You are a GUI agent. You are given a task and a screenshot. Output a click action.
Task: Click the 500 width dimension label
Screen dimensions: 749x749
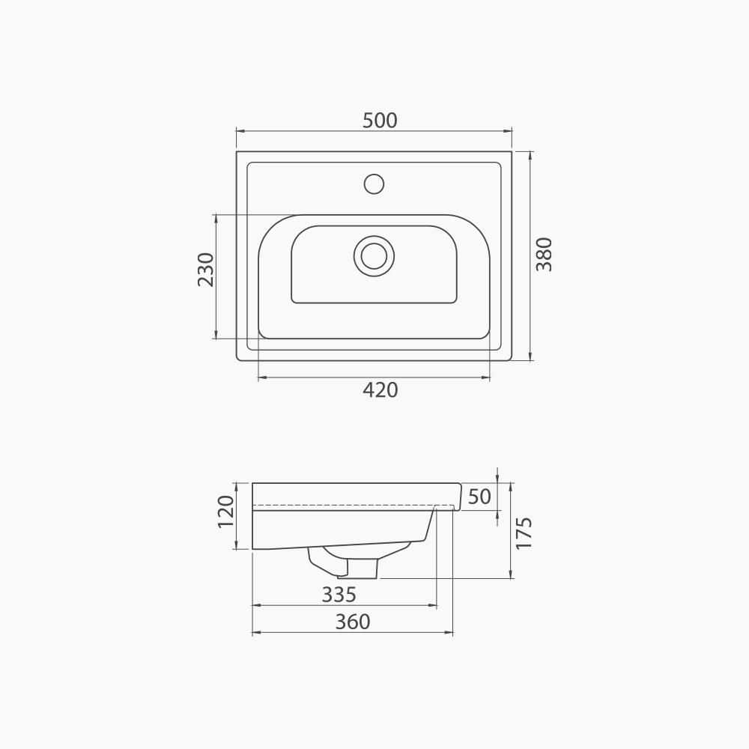[380, 120]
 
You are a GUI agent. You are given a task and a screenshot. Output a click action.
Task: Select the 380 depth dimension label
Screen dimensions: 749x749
[544, 254]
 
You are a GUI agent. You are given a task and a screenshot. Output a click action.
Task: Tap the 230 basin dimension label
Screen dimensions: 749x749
[205, 270]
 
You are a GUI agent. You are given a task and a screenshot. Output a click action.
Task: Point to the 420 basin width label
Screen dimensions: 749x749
[380, 389]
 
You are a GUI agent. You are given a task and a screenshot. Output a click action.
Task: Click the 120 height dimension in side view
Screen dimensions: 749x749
[225, 512]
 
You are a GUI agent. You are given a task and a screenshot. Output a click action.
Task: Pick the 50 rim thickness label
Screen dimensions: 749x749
[479, 497]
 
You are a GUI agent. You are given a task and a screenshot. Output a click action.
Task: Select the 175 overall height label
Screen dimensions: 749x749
[524, 533]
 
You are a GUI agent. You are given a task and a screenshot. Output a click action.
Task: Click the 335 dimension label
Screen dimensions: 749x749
[339, 595]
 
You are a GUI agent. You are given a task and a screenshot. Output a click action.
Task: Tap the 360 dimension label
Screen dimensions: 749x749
[352, 622]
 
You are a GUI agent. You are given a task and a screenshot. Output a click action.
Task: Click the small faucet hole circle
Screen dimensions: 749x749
[373, 184]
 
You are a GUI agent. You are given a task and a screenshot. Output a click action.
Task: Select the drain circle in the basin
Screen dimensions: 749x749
[373, 255]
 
